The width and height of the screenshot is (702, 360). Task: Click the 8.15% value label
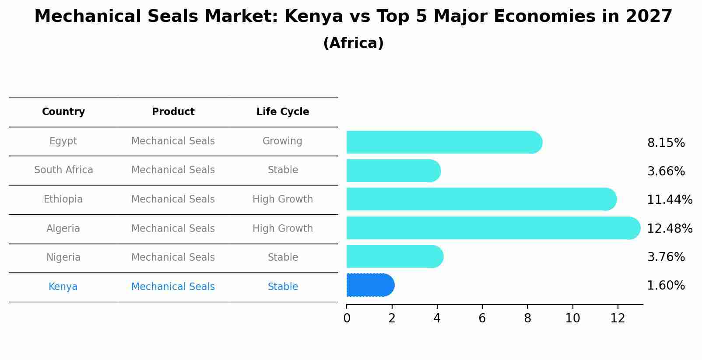[666, 143]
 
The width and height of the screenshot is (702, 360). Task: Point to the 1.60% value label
[666, 286]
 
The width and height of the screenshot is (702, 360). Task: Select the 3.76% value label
[666, 257]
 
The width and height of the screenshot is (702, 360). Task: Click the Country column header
[63, 112]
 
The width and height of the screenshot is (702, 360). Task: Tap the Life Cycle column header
[283, 112]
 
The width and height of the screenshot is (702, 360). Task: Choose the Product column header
[173, 112]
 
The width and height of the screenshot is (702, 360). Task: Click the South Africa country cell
[63, 170]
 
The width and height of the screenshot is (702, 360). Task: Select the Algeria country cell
[63, 228]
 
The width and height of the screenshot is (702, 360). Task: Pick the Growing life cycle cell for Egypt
[282, 141]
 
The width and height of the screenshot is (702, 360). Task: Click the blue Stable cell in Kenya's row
[283, 287]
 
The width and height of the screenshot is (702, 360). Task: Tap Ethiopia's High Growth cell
[283, 199]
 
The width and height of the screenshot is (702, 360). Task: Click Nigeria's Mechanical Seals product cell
[173, 258]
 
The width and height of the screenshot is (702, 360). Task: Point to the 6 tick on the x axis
[482, 318]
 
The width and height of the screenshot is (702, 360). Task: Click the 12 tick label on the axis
[618, 318]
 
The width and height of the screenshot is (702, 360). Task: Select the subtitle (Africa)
[353, 43]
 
